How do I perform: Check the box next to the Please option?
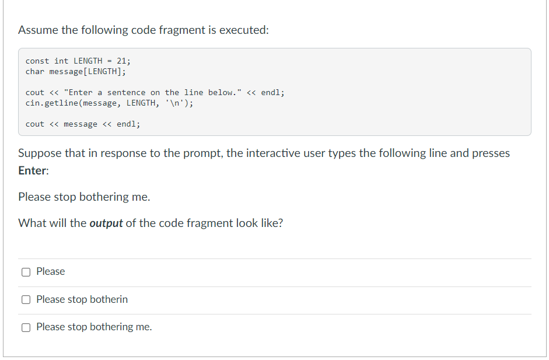[26, 272]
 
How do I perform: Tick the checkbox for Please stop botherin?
[26, 300]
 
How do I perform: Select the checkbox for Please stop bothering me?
[26, 327]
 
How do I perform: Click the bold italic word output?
[106, 223]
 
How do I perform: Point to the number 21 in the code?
[121, 61]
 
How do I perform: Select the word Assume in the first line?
[38, 30]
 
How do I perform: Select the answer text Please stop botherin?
[82, 299]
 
